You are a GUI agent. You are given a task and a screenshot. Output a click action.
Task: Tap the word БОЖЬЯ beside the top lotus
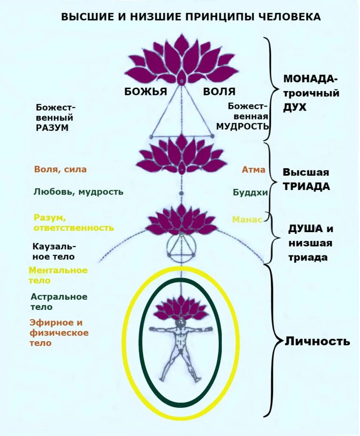click(145, 92)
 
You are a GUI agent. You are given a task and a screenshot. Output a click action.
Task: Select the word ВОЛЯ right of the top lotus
click(219, 92)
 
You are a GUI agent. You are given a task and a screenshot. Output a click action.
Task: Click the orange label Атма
click(253, 169)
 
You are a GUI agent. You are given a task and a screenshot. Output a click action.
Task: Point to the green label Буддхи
click(250, 192)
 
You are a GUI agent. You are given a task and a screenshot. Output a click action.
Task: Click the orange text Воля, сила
click(60, 169)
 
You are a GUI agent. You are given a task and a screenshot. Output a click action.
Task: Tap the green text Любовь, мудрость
click(78, 192)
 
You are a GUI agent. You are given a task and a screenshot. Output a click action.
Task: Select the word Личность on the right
click(317, 341)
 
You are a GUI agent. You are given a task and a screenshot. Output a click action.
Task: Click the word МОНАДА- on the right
click(311, 80)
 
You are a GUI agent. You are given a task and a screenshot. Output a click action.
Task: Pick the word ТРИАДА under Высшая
click(306, 186)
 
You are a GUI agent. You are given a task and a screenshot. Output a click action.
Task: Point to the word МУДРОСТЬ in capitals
click(243, 126)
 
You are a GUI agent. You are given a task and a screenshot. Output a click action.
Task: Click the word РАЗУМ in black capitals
click(52, 127)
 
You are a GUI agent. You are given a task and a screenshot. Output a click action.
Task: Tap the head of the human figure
click(182, 321)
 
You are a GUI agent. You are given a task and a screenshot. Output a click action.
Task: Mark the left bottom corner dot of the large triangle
click(151, 136)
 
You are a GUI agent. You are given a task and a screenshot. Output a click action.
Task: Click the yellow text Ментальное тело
click(58, 275)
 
